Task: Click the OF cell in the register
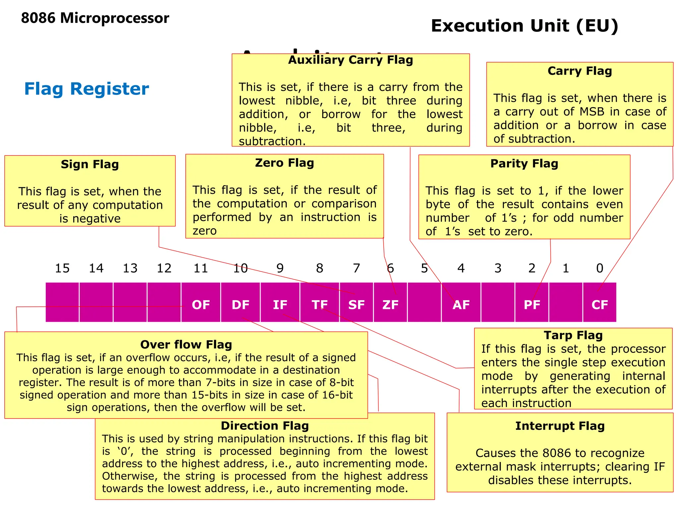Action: (201, 303)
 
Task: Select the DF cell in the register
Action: (240, 303)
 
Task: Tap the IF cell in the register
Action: (280, 303)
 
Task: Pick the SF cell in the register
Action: (356, 303)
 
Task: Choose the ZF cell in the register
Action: (390, 303)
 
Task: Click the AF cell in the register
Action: (461, 303)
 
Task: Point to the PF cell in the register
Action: (532, 303)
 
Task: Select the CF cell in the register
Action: (599, 303)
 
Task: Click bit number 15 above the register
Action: (62, 268)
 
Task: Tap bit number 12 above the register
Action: (164, 268)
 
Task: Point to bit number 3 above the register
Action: (498, 268)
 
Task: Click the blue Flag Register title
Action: (87, 89)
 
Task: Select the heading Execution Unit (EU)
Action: (525, 26)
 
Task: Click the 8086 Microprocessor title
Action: (95, 18)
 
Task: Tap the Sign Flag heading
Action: (90, 164)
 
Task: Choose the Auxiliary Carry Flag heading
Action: (350, 60)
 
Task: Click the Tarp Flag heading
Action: (573, 335)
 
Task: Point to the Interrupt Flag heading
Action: (560, 426)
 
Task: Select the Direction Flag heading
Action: (265, 426)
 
